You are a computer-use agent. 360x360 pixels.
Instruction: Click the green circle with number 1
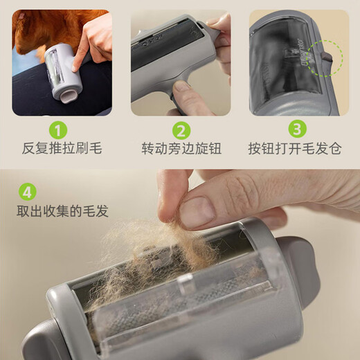[x=60, y=129]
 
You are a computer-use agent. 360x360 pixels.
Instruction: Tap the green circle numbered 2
[x=180, y=129]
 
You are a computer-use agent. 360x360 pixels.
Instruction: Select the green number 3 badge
[x=297, y=129]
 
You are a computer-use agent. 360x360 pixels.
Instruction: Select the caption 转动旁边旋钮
[x=180, y=149]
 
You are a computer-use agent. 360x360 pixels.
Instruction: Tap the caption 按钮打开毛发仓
[x=298, y=149]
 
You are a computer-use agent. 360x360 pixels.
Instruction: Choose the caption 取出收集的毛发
[x=63, y=211]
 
